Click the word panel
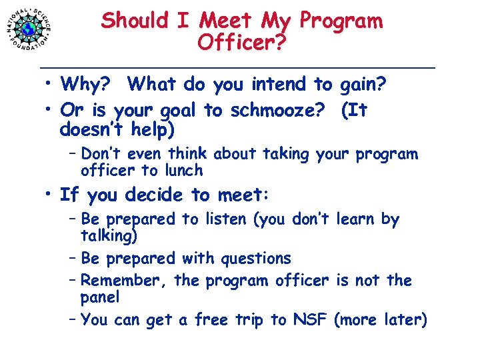pyautogui.click(x=100, y=297)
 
